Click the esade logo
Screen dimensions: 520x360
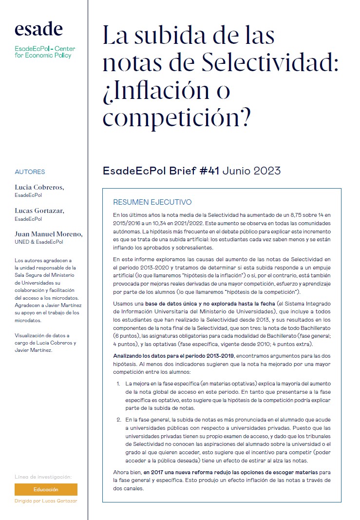click(38, 30)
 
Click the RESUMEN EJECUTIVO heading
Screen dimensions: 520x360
click(152, 202)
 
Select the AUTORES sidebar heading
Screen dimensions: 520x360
click(30, 172)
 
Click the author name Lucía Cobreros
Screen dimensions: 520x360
click(39, 187)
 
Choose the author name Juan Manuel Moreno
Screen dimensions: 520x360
click(49, 234)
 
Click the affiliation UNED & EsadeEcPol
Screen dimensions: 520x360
click(38, 242)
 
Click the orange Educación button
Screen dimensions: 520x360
click(46, 489)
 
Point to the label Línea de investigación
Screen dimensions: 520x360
click(43, 476)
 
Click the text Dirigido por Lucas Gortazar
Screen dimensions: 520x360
click(46, 501)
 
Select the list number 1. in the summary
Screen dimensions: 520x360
click(118, 384)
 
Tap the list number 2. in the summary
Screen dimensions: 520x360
click(118, 419)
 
